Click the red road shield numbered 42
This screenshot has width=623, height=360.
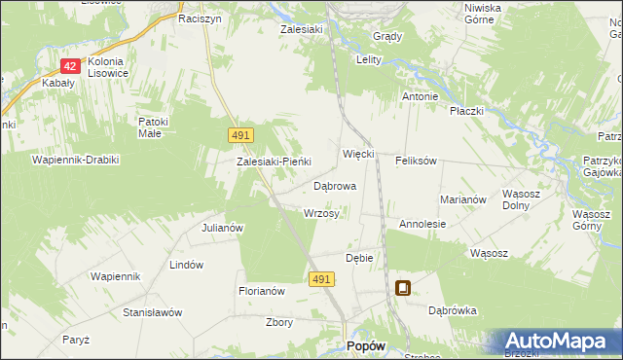click(x=70, y=65)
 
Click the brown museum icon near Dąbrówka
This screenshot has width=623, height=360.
click(x=403, y=288)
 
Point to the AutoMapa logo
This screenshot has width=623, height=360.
click(x=561, y=342)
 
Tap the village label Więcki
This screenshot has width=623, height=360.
click(x=359, y=155)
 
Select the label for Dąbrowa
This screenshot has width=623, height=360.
click(x=335, y=185)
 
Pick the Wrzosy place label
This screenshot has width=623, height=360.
click(x=321, y=213)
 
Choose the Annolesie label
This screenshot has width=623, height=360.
click(x=422, y=224)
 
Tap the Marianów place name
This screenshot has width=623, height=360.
click(x=463, y=198)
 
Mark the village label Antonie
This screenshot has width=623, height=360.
click(x=421, y=97)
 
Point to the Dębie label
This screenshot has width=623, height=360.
click(x=360, y=258)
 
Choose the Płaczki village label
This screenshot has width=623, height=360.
click(x=467, y=111)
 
